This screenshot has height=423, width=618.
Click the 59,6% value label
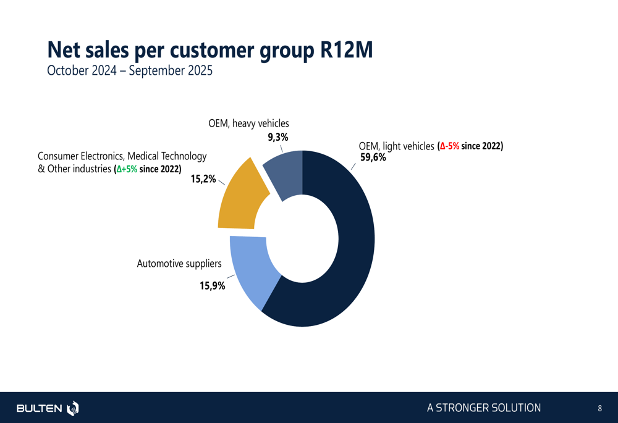coord(373,157)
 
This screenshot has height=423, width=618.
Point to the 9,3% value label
coord(277,137)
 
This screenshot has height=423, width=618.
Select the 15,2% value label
coord(203,179)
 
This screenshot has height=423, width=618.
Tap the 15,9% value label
coord(212,286)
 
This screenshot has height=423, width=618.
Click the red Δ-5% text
coord(449,146)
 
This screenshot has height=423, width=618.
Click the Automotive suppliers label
coord(179,264)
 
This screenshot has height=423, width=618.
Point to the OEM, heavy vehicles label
coord(248,124)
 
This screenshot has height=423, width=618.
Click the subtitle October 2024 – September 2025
coord(130,70)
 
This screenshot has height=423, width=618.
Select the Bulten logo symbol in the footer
coord(73,408)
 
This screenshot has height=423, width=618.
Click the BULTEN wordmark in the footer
coord(39,408)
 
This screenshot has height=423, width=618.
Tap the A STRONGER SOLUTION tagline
coord(483,408)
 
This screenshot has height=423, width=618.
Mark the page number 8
coord(599,408)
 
